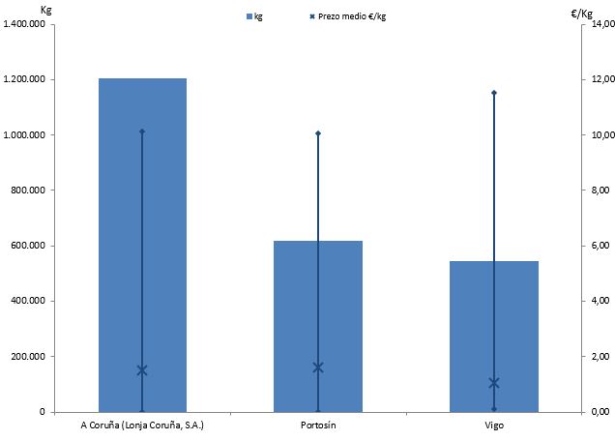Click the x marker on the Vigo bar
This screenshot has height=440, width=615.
(x=494, y=383)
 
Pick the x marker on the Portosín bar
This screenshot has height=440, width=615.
(x=318, y=367)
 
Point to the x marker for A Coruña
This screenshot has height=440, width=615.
(x=142, y=370)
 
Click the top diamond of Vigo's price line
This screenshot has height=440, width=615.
(x=494, y=93)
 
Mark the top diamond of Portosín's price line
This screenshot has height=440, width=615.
(x=318, y=133)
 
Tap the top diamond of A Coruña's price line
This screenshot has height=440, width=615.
(x=142, y=132)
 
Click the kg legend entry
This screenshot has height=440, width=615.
(x=254, y=17)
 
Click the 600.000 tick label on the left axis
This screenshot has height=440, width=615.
(x=31, y=246)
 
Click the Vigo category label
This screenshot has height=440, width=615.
(x=494, y=425)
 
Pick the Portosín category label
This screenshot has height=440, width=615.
(x=318, y=425)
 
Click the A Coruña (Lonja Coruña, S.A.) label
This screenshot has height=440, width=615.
(x=142, y=425)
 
